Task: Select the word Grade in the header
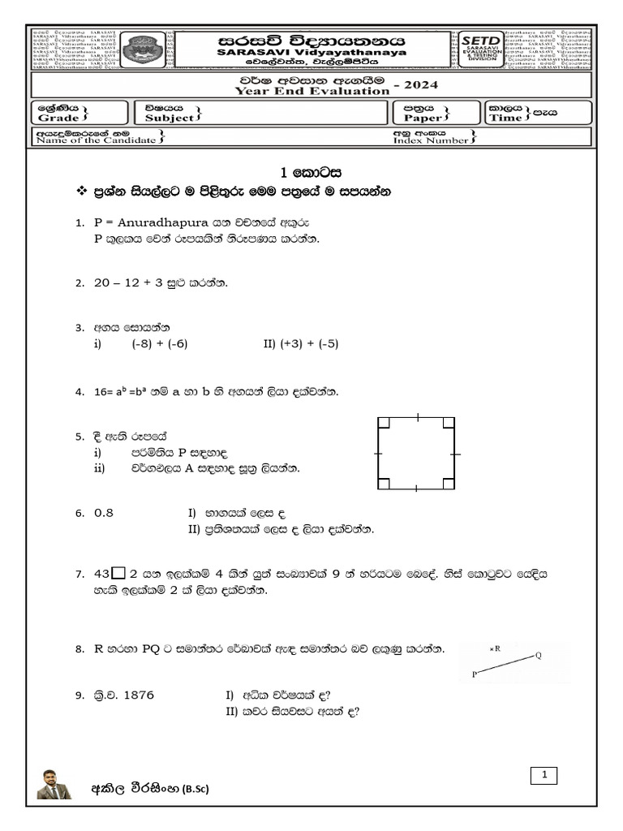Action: [58, 118]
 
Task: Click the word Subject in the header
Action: [170, 118]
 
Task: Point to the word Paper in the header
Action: [423, 118]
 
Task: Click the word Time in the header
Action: [506, 118]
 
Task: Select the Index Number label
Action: [431, 140]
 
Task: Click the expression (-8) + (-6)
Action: [160, 343]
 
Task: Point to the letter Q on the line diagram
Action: [538, 656]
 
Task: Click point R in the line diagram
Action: [495, 648]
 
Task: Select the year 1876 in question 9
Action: [135, 695]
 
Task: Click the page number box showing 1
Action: [545, 777]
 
